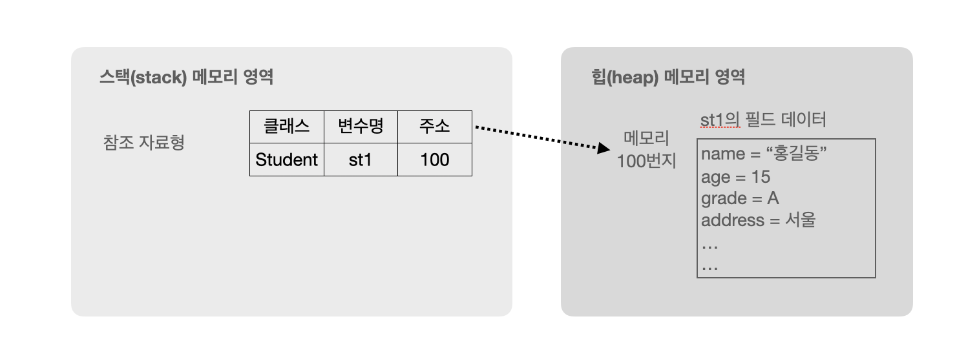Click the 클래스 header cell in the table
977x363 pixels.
point(286,127)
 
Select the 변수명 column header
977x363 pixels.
point(361,127)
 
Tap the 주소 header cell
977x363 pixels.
point(434,127)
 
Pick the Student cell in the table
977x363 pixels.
point(286,160)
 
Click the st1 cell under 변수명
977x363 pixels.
point(361,160)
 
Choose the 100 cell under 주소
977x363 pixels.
point(434,160)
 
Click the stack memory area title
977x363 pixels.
point(186,78)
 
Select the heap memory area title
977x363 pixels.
point(668,78)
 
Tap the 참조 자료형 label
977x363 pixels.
point(143,142)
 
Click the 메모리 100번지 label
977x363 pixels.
point(646,149)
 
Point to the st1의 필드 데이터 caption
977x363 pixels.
point(763,120)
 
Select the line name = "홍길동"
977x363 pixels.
point(764,154)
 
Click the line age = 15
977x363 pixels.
point(735,177)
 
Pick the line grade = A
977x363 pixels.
point(740,198)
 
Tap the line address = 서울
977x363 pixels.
point(758,220)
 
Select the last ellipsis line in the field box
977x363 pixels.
point(709,266)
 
